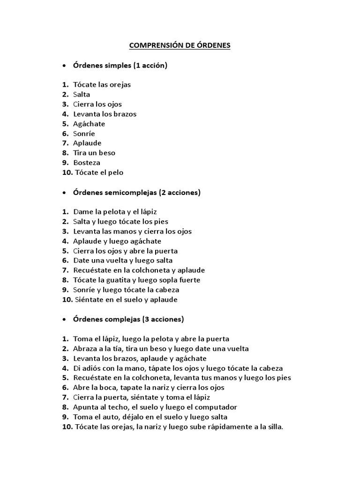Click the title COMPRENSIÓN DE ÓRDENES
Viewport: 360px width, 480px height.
click(x=180, y=46)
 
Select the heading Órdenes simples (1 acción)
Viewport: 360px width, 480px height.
click(x=120, y=66)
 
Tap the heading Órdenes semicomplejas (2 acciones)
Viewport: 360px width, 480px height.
click(x=137, y=192)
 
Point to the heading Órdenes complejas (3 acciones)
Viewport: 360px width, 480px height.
click(x=128, y=319)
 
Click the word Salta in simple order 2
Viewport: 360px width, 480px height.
click(x=82, y=95)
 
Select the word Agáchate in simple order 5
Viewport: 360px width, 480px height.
click(x=89, y=124)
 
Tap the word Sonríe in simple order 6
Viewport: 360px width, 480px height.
click(x=84, y=134)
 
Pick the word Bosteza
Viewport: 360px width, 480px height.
click(x=87, y=163)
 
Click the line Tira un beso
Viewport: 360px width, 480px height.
click(x=94, y=153)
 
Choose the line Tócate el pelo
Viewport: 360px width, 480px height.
click(x=98, y=172)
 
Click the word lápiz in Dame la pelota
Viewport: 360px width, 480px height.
click(x=154, y=212)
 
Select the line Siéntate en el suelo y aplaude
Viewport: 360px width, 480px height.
click(x=125, y=300)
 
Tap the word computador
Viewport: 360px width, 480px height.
click(x=214, y=407)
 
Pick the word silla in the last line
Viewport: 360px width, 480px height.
click(x=275, y=427)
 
